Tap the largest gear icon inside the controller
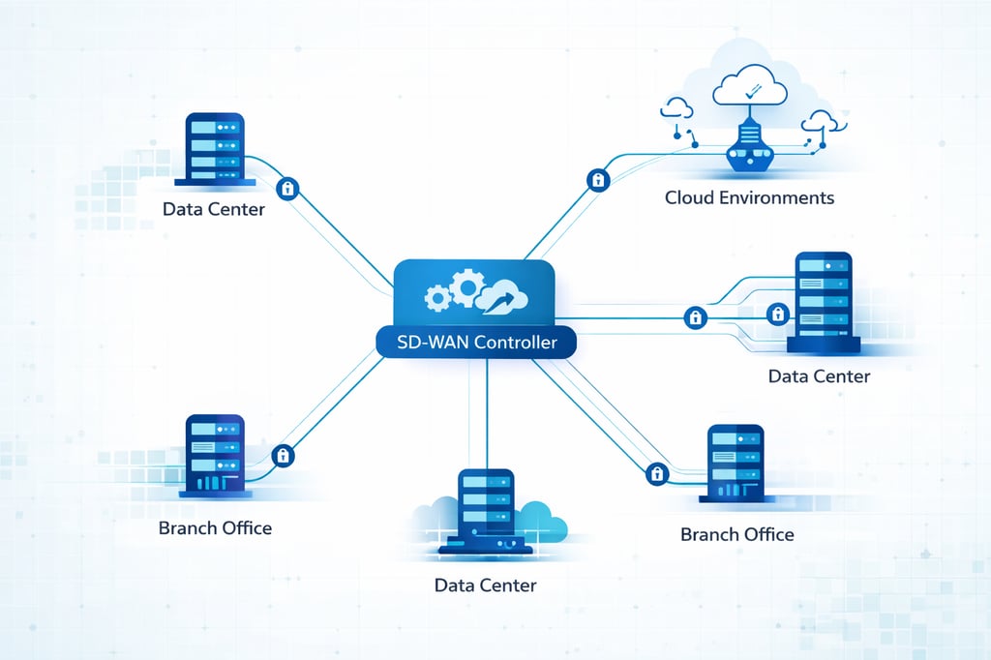point(467,286)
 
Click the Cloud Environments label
point(749,197)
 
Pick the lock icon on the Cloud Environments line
point(598,180)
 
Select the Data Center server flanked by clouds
point(485,512)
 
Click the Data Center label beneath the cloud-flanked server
point(485,585)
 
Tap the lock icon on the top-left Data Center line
point(286,187)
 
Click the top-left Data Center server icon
point(214,149)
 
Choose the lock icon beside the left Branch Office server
point(284,455)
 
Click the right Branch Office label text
point(736,534)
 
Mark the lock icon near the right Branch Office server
point(657,473)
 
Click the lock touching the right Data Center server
point(776,314)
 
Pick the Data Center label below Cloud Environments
point(819,375)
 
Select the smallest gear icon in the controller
point(437,299)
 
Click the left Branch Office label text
point(215,527)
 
